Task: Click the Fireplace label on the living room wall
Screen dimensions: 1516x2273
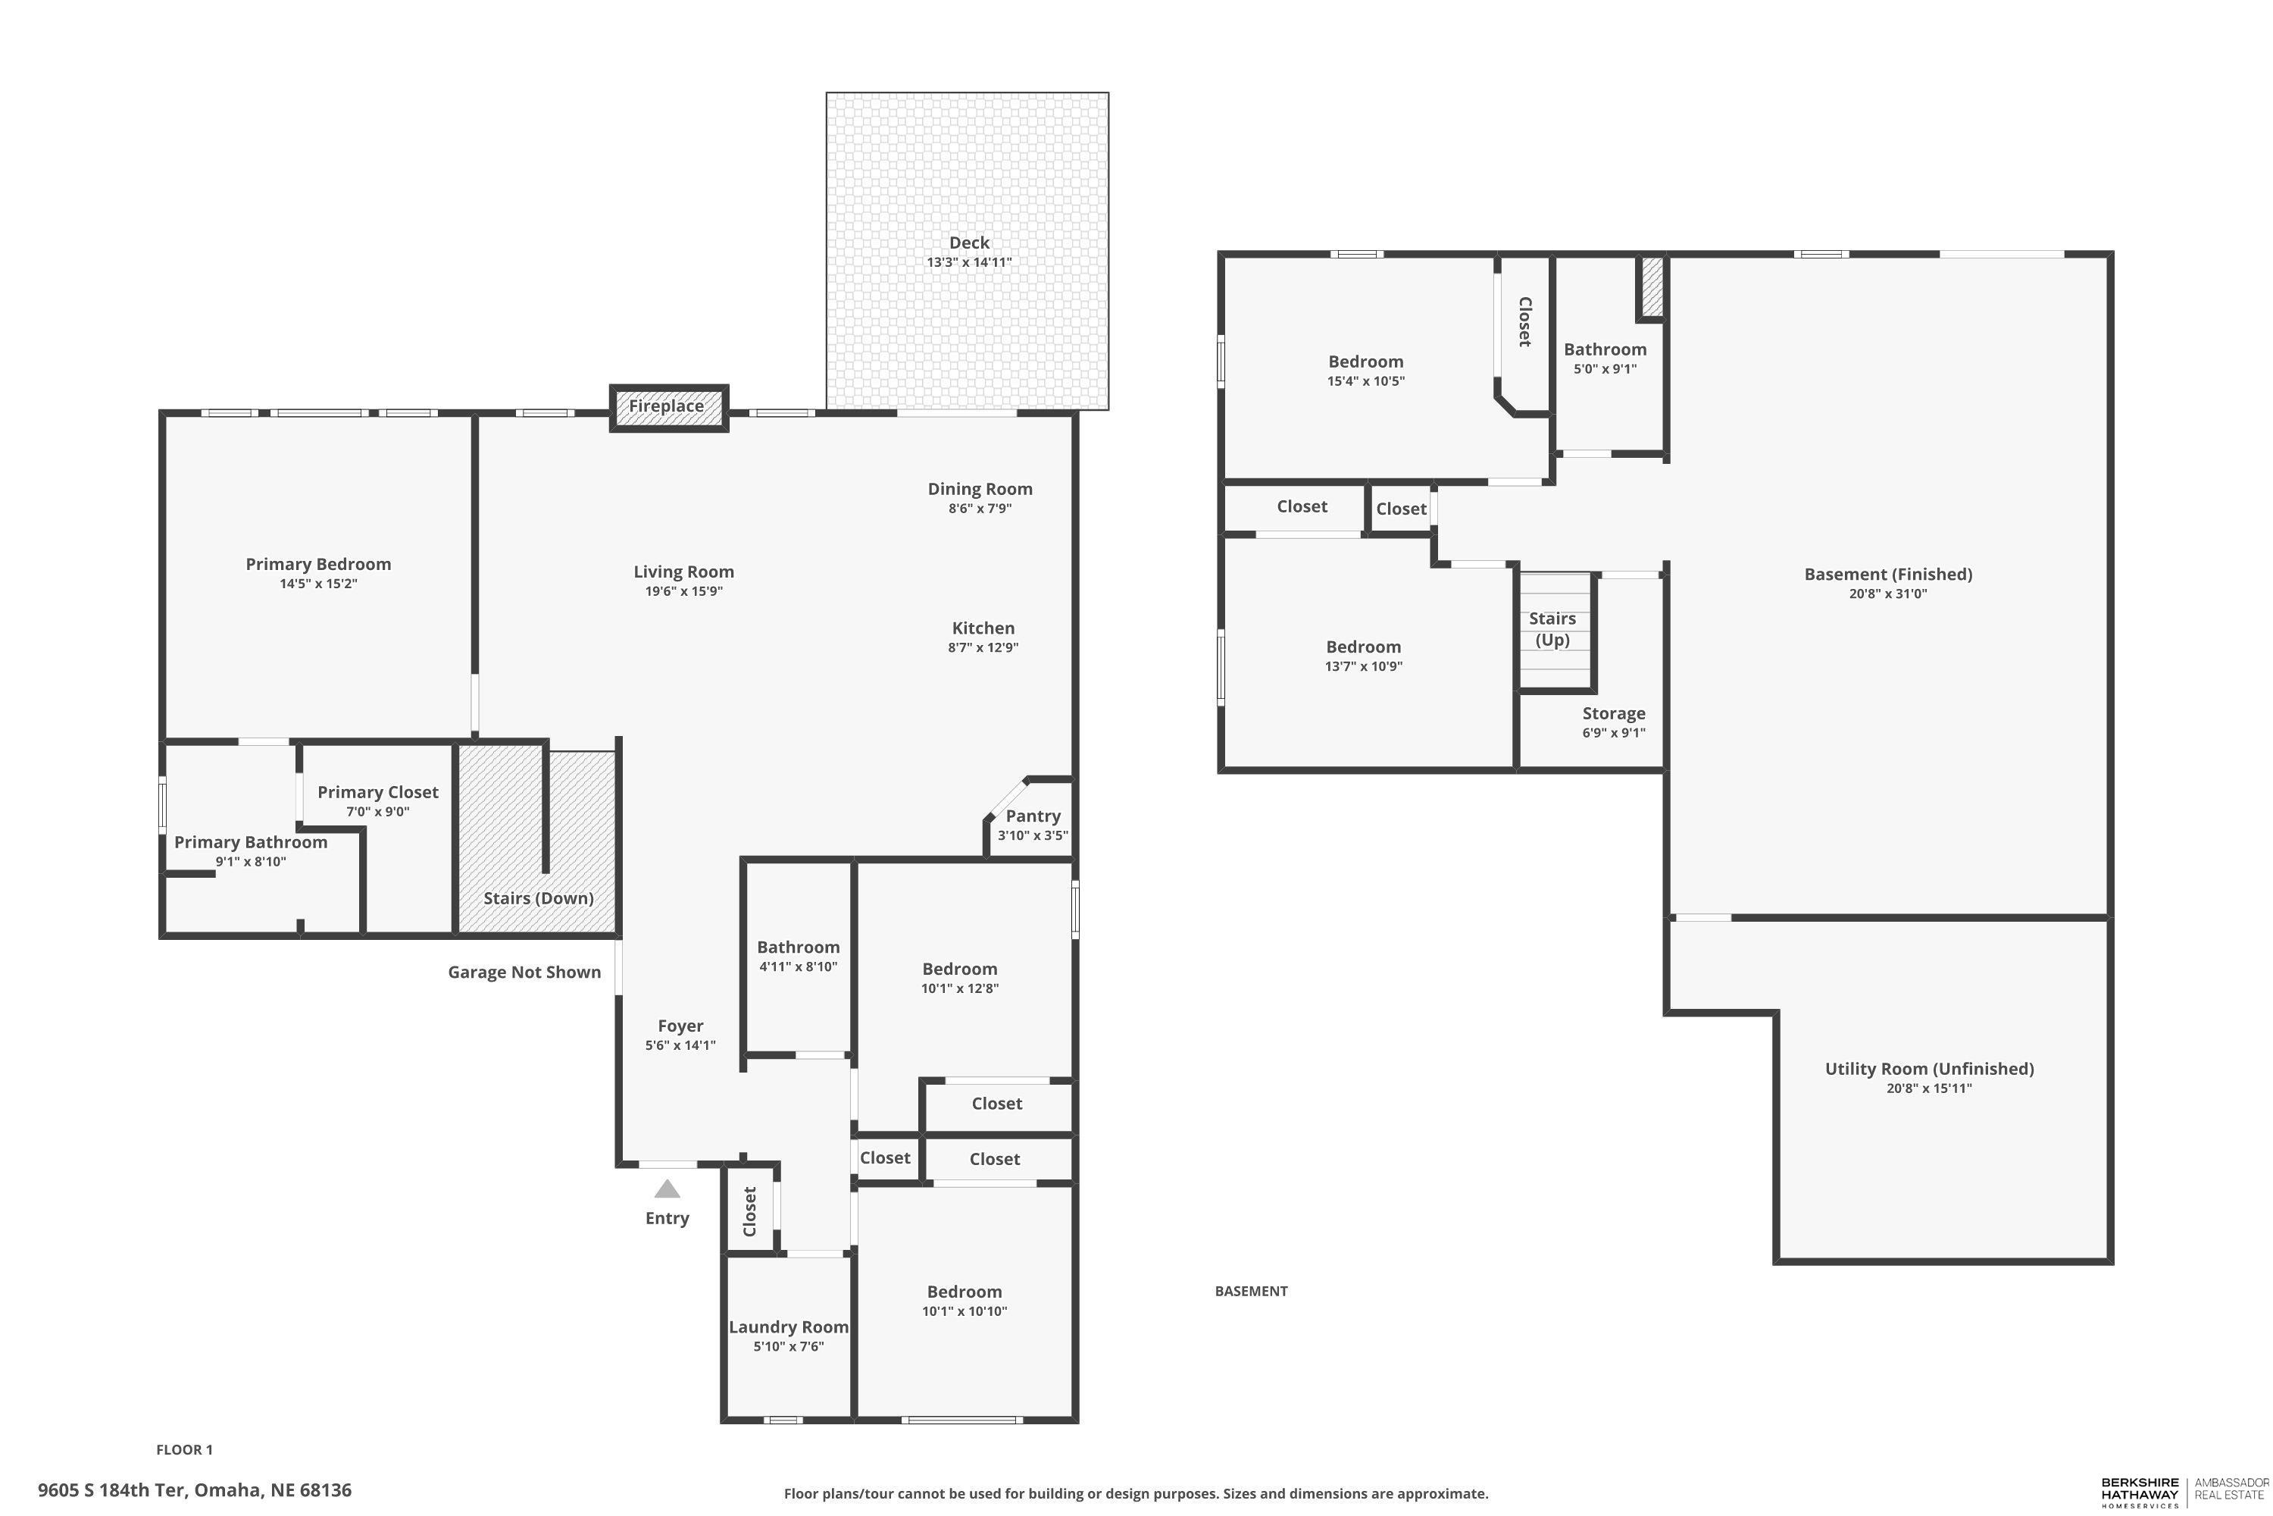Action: [666, 406]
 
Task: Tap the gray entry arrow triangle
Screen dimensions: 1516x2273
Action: [667, 1189]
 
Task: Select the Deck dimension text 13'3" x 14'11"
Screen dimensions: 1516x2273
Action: [968, 262]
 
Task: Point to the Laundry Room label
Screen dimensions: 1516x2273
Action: [788, 1327]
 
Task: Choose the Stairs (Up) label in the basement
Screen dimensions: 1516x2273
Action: [1552, 628]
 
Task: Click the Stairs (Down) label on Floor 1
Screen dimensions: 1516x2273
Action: [538, 898]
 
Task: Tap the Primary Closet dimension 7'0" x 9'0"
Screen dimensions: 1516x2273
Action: [378, 812]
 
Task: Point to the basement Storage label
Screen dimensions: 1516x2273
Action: [1613, 713]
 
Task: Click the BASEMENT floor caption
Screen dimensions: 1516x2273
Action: [1251, 1291]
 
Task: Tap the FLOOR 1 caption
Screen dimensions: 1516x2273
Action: [185, 1449]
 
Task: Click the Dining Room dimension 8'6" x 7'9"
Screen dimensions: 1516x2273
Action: [979, 509]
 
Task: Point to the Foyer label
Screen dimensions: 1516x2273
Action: [680, 1026]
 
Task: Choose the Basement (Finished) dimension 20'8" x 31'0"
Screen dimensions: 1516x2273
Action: [1887, 594]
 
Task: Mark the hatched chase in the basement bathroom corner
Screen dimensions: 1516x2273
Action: [1652, 287]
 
